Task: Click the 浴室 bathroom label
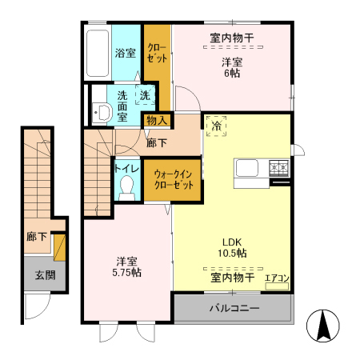(x=125, y=54)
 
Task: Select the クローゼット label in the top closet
(x=157, y=53)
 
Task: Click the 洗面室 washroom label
(x=122, y=103)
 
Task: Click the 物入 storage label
(x=156, y=121)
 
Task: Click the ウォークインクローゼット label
(x=173, y=178)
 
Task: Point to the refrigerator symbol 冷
(x=217, y=126)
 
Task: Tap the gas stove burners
(x=279, y=168)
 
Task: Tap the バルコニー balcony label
(x=234, y=307)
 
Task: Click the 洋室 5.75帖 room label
(x=126, y=266)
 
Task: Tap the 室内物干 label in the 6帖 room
(x=232, y=37)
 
